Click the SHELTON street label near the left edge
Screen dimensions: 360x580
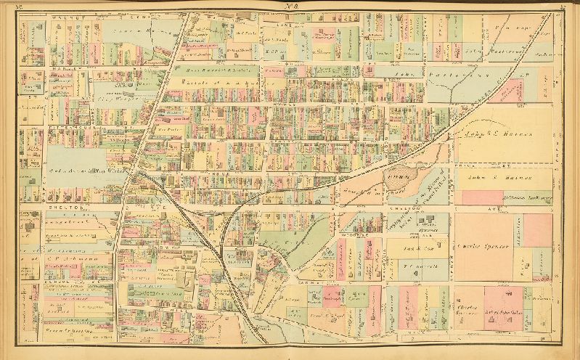41,205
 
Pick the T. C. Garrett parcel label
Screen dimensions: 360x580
419,266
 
